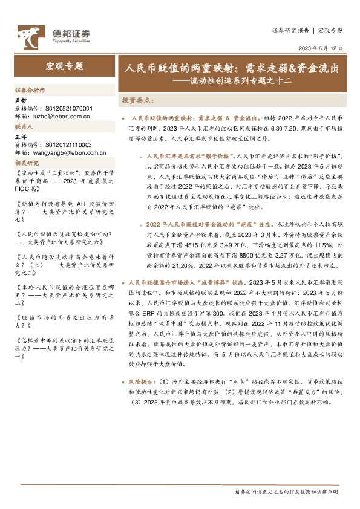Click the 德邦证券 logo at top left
pyautogui.click(x=53, y=34)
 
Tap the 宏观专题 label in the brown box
pyautogui.click(x=64, y=66)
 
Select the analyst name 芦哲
pyautogui.click(x=21, y=101)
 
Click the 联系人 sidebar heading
pyautogui.click(x=24, y=128)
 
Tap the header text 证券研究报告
pyautogui.click(x=290, y=30)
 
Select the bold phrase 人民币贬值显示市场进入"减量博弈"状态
pyautogui.click(x=188, y=282)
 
